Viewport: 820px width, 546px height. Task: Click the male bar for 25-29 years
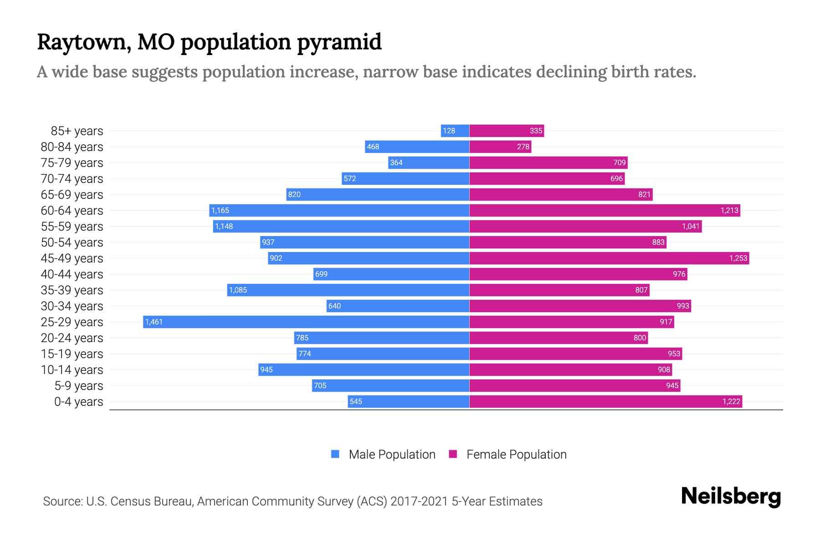306,322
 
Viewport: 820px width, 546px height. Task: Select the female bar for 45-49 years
609,258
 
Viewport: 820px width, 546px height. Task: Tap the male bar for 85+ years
455,131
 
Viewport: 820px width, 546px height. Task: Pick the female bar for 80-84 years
500,147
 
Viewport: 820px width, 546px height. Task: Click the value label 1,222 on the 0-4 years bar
731,401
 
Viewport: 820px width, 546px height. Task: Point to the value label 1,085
238,290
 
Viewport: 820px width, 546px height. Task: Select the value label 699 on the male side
321,274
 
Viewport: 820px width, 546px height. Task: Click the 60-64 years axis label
72,211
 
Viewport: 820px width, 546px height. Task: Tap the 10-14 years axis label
72,370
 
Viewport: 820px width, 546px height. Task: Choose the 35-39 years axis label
72,290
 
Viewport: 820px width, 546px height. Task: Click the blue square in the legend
335,454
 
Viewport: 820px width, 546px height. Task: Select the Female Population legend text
516,455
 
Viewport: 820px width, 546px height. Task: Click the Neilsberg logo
731,496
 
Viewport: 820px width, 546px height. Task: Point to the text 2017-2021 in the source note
419,501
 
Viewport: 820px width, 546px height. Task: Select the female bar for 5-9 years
574,385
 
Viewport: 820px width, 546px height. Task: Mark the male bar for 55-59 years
341,226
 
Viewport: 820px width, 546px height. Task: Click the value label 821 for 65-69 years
644,194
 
